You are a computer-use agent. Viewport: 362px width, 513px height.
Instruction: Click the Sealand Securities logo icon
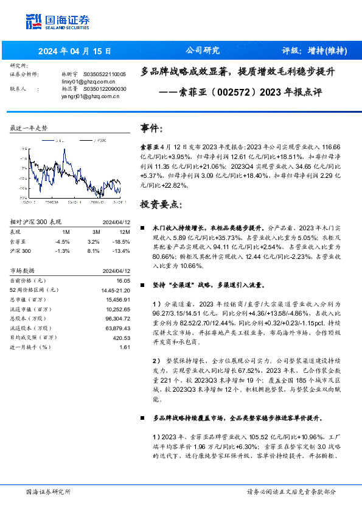point(33,21)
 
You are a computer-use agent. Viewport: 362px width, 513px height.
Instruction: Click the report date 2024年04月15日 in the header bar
point(74,51)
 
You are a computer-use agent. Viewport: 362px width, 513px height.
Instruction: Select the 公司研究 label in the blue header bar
point(202,51)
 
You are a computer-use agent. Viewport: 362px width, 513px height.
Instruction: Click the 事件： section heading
point(152,128)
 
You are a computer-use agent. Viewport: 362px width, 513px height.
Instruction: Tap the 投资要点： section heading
point(161,204)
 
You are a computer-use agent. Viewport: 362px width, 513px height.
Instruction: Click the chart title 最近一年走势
point(29,128)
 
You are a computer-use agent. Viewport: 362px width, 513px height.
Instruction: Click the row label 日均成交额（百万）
point(33,336)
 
